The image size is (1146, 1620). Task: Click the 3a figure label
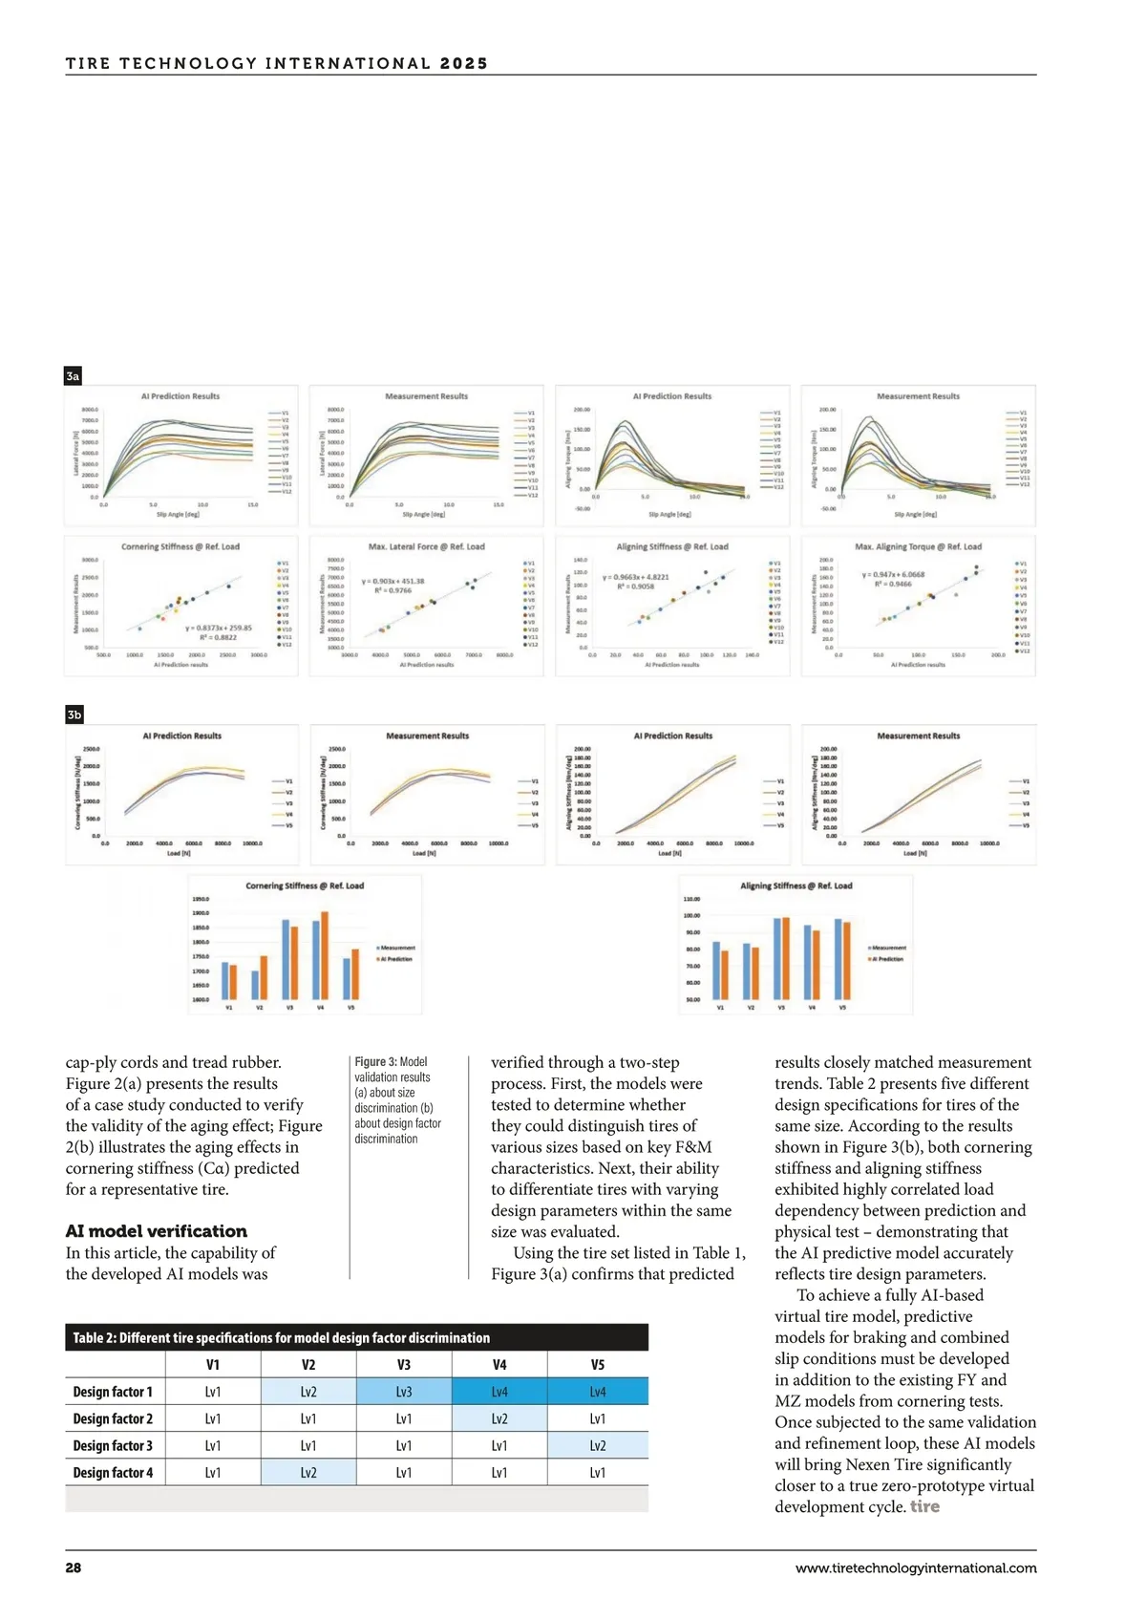coord(73,376)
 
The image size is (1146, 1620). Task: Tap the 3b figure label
coord(74,714)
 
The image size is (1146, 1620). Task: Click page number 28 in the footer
coord(74,1567)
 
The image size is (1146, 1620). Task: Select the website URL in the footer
coord(915,1567)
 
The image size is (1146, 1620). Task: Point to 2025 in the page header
coord(464,64)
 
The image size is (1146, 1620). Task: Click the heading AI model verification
coord(156,1231)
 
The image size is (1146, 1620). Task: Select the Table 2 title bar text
coord(281,1337)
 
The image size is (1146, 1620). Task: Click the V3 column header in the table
coord(404,1365)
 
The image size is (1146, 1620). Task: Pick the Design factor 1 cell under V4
coord(499,1392)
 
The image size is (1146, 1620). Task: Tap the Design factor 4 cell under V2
coord(308,1472)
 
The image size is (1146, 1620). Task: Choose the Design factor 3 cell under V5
coord(598,1445)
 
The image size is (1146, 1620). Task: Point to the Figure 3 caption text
coord(397,1099)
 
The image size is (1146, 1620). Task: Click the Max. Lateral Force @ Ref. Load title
coord(426,547)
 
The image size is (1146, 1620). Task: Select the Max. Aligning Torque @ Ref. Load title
coord(918,547)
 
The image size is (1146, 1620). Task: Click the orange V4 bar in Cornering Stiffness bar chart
coord(325,954)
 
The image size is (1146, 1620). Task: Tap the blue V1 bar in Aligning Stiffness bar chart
coord(716,970)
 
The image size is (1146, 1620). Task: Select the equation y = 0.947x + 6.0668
coord(893,575)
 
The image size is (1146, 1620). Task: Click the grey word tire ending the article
coord(924,1506)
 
